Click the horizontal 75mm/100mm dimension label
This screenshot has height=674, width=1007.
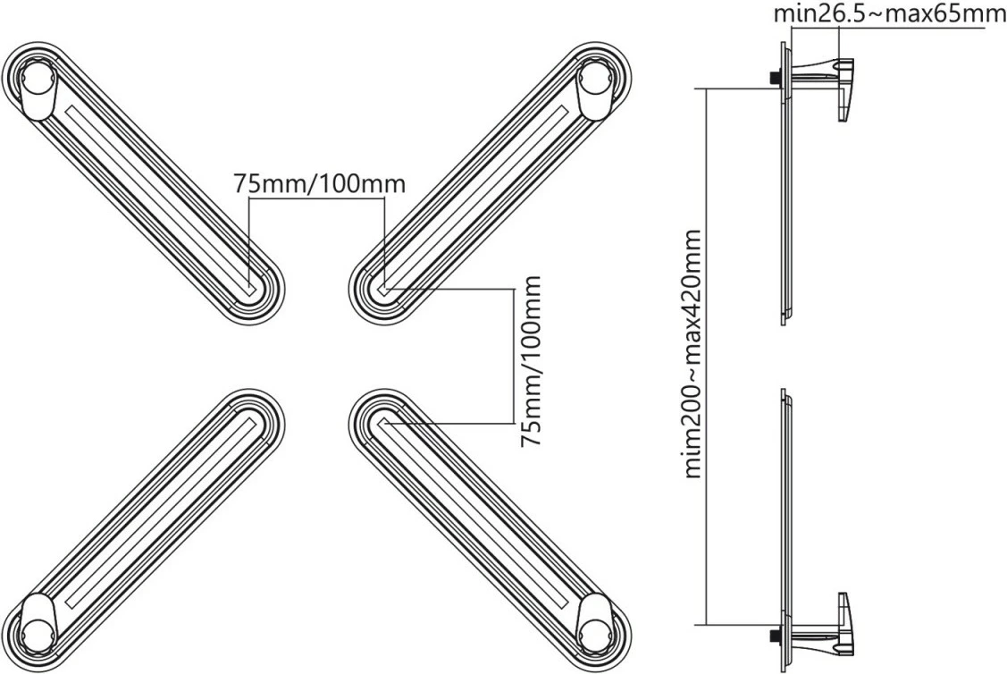319,184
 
